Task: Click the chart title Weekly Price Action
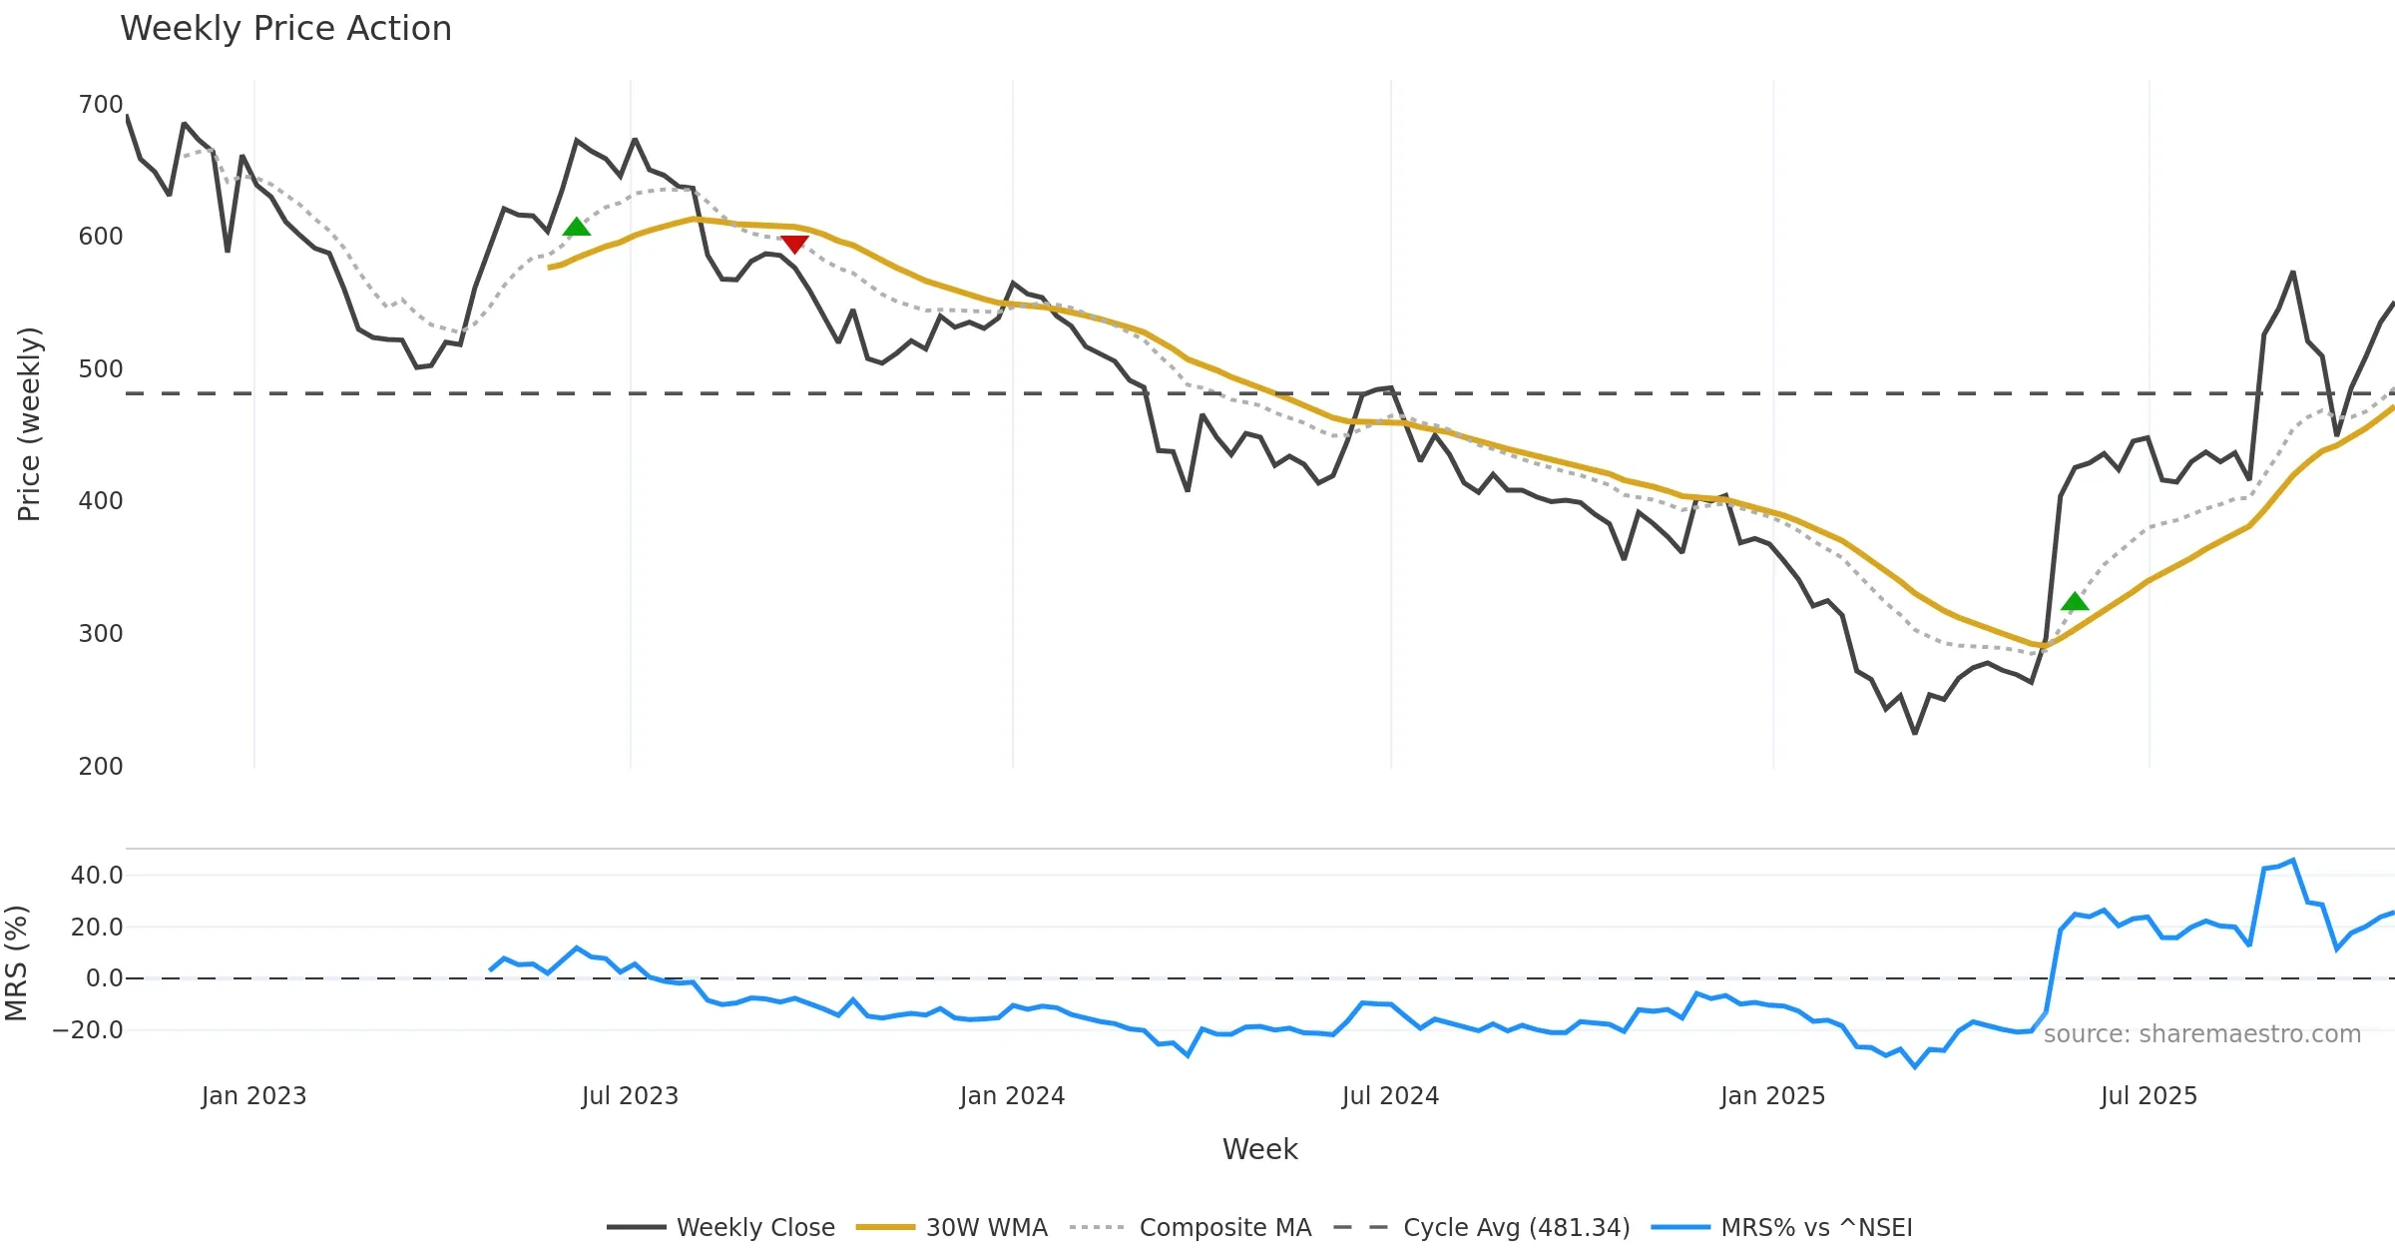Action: coord(285,29)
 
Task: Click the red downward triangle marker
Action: coord(794,244)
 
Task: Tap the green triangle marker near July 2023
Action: coord(577,228)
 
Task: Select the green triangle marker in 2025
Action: coord(2075,601)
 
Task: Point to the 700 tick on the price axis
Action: coord(101,105)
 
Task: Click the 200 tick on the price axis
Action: coord(101,766)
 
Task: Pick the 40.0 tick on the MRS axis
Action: coord(97,876)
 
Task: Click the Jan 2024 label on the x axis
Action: coord(1012,1096)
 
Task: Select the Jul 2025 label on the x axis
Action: coord(2149,1096)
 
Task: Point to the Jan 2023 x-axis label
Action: coord(253,1096)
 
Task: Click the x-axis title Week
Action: coord(1259,1149)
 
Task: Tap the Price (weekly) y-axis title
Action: coord(30,424)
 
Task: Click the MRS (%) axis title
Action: coord(17,962)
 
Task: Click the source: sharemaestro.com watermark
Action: coord(2201,1034)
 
